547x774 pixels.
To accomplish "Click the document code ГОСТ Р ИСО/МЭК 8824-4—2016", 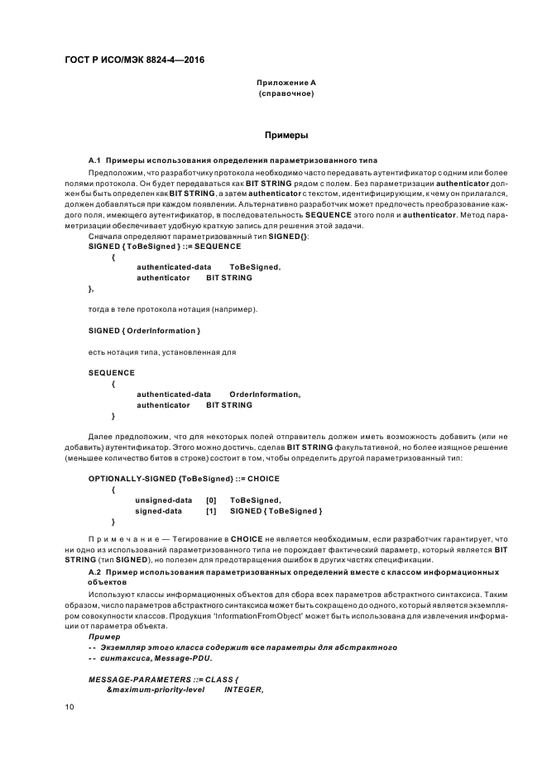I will pos(134,61).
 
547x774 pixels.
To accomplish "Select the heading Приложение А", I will pos(285,83).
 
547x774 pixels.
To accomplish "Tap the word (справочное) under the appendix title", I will pos(285,93).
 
